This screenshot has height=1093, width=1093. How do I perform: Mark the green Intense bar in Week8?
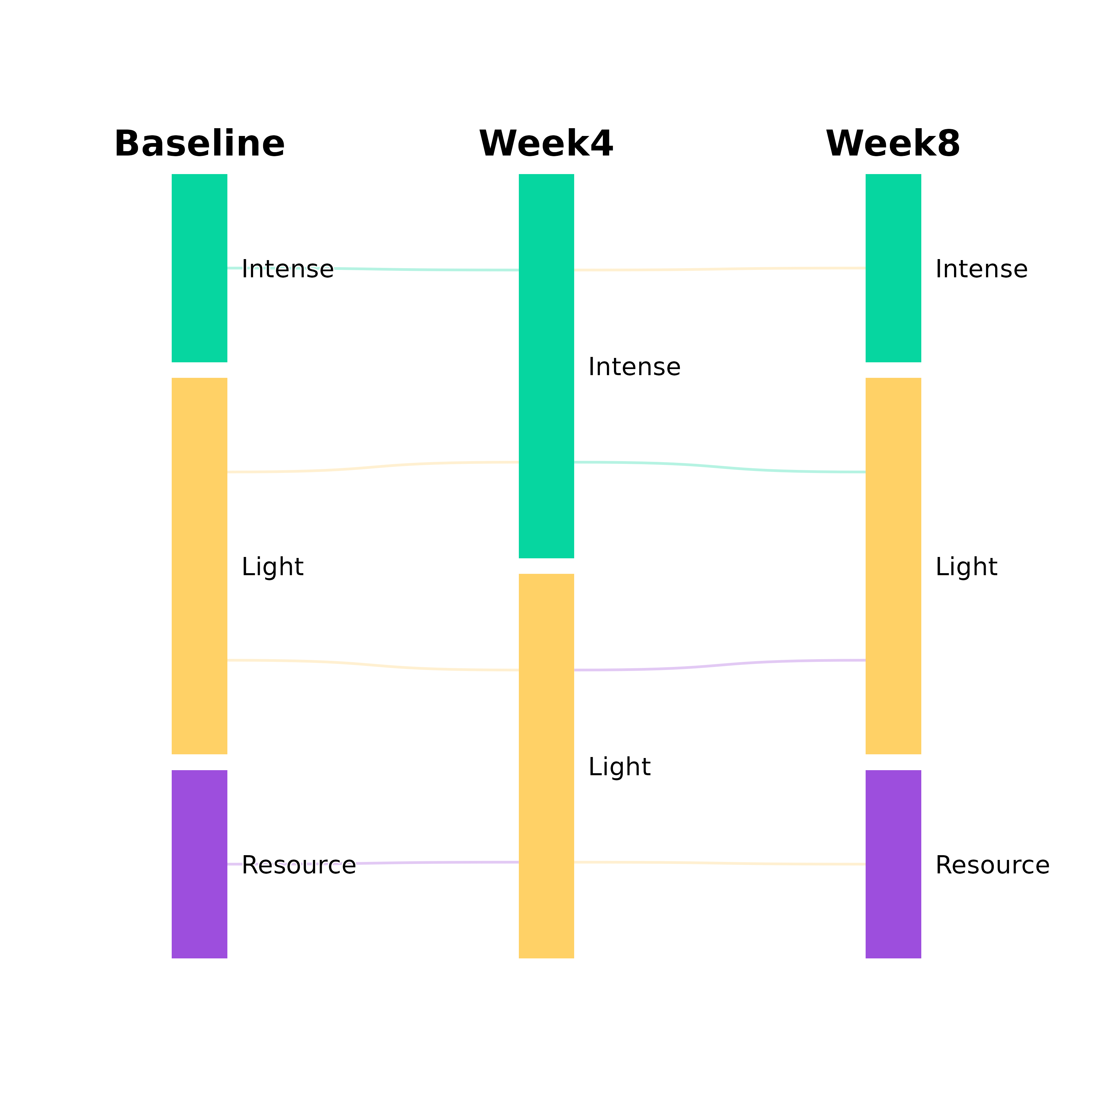tap(893, 317)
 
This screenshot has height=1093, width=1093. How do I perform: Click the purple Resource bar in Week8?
tap(893, 917)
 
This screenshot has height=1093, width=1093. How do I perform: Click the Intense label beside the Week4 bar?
tap(634, 367)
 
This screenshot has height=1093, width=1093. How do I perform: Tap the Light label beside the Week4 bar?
tap(619, 766)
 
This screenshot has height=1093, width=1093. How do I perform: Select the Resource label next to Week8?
tap(992, 865)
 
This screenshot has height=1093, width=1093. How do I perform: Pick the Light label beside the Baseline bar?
tap(273, 567)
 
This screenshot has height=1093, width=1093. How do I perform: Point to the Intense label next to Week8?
tap(981, 269)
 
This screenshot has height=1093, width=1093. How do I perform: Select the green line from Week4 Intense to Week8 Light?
tap(719, 467)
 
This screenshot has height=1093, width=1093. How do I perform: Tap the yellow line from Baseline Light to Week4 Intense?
tap(373, 467)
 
